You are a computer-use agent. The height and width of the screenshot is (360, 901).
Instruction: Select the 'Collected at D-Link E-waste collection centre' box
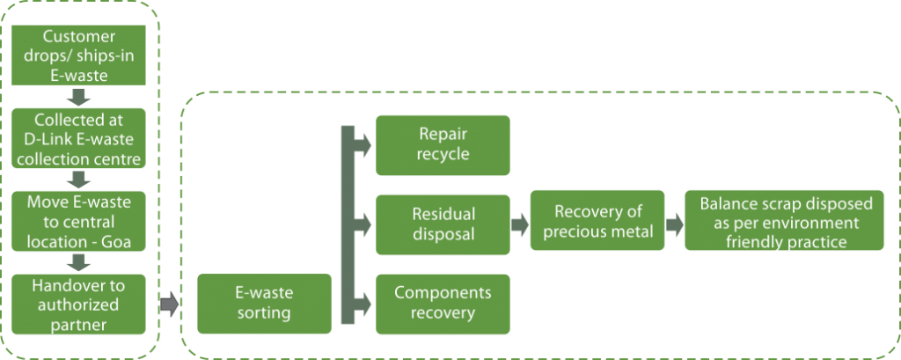[78, 137]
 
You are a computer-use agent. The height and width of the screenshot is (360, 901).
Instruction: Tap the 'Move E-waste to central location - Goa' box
[78, 220]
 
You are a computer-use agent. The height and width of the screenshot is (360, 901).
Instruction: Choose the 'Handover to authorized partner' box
[78, 304]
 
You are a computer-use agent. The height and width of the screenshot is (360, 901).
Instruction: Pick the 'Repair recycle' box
[443, 145]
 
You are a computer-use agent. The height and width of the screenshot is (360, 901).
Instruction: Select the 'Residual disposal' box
[443, 224]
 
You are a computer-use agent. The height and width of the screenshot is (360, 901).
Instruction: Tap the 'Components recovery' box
[443, 304]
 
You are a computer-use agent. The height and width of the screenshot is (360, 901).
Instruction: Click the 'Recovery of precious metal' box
[597, 222]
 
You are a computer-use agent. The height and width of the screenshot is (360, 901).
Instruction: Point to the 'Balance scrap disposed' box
[785, 222]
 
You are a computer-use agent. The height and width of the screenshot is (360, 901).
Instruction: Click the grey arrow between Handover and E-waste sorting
[169, 305]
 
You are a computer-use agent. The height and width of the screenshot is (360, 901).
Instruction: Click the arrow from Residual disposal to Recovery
[520, 224]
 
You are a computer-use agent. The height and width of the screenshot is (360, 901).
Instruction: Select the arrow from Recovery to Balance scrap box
[675, 224]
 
